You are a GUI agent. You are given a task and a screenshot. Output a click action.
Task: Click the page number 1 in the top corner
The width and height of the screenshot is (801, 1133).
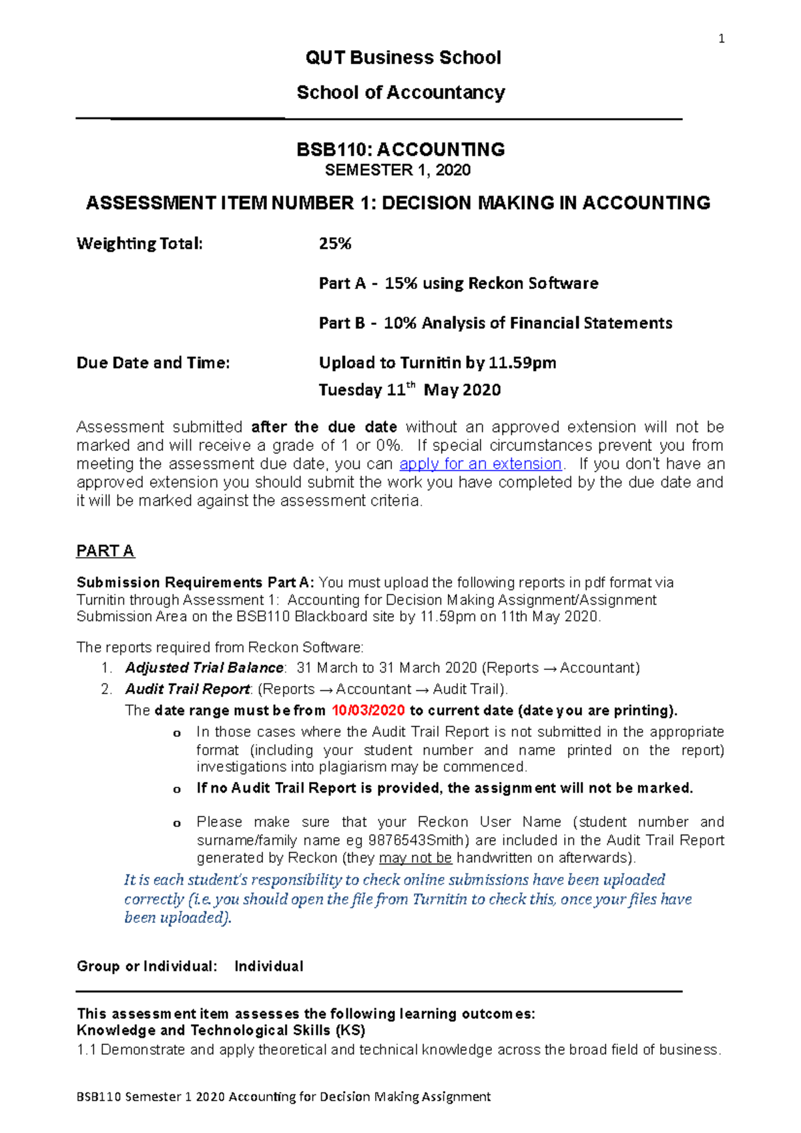tap(721, 39)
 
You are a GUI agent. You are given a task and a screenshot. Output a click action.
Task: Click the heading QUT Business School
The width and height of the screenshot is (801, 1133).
tap(403, 58)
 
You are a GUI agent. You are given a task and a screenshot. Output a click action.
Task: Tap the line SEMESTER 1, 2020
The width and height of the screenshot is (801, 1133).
tap(398, 170)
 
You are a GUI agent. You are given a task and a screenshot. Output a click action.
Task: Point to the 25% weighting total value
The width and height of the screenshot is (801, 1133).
tap(335, 244)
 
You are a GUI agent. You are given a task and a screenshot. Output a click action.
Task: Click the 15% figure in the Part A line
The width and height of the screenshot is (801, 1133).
tap(400, 284)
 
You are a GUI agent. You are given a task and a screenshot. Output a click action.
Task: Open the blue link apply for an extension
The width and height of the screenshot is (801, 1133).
tap(481, 464)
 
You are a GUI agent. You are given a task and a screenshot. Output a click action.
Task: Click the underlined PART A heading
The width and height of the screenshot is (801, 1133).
tap(105, 551)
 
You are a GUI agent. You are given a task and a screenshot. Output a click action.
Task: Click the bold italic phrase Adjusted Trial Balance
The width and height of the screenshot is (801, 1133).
tap(204, 668)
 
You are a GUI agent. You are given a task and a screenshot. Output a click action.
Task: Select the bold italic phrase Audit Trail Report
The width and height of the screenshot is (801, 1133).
tap(187, 689)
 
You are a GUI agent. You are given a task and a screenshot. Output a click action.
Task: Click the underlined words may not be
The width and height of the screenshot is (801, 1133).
tap(415, 858)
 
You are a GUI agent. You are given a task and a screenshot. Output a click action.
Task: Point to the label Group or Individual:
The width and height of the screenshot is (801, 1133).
tap(147, 966)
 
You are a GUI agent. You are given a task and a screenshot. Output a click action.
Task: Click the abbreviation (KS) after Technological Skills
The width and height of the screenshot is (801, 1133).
tap(350, 1030)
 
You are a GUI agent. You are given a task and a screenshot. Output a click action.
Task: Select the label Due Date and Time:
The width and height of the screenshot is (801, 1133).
tap(153, 363)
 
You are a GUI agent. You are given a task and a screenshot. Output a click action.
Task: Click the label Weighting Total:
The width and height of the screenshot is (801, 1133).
tap(140, 244)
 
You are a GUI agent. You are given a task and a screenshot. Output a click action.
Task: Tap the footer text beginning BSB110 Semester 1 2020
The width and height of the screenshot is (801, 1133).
tap(284, 1096)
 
